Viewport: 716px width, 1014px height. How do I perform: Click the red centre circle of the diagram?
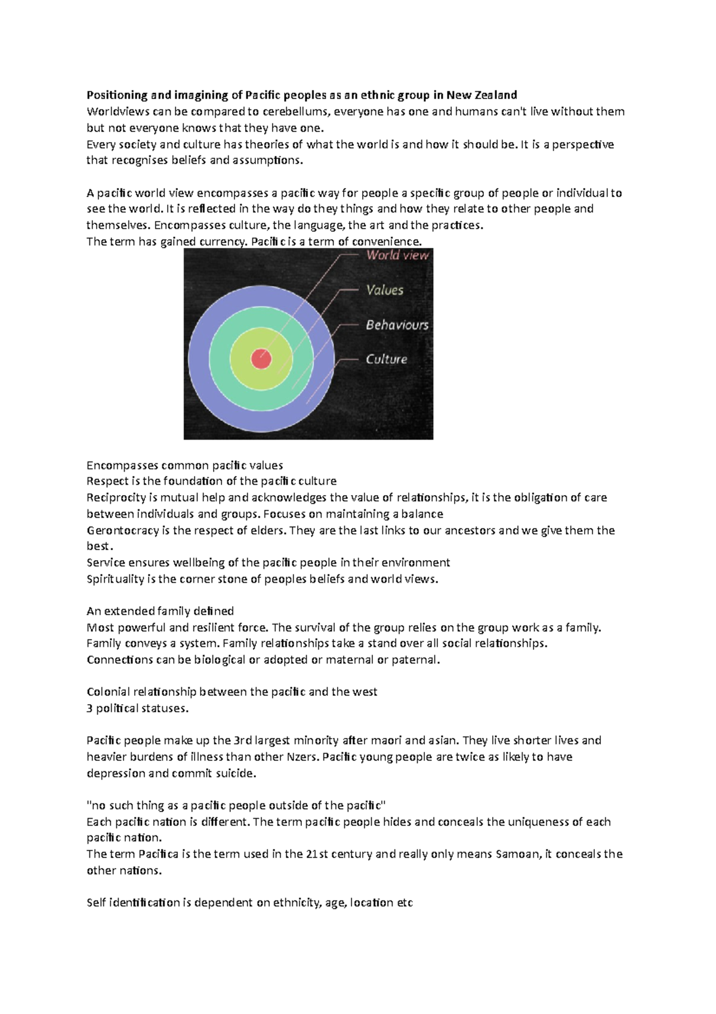pyautogui.click(x=261, y=359)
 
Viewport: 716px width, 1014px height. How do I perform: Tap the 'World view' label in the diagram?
pyautogui.click(x=397, y=256)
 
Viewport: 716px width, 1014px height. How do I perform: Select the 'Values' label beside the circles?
pyautogui.click(x=385, y=290)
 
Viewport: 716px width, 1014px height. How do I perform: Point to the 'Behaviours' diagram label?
pyautogui.click(x=397, y=325)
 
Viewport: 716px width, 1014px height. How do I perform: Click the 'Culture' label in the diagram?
pyautogui.click(x=387, y=359)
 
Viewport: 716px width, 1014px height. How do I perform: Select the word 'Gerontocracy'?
pyautogui.click(x=122, y=530)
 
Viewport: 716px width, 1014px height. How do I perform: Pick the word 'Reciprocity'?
pyautogui.click(x=116, y=497)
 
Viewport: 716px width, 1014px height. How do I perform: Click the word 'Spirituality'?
pyautogui.click(x=115, y=579)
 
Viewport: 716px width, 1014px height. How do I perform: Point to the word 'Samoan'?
pyautogui.click(x=517, y=854)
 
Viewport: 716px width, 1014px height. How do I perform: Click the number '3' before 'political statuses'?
pyautogui.click(x=89, y=709)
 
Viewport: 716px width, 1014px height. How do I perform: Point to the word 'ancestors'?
pyautogui.click(x=470, y=530)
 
